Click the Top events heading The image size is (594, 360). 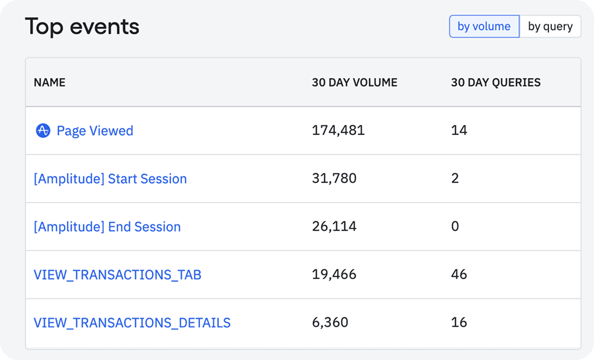82,27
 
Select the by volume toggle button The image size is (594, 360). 484,27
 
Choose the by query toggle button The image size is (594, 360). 550,27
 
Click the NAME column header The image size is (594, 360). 50,83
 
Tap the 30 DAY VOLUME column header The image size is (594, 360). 354,83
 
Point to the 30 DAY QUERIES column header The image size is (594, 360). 495,83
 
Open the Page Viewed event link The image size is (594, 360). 95,131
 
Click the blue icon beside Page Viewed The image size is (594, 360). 43,131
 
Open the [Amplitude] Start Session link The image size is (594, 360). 110,179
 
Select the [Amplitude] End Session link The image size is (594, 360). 107,227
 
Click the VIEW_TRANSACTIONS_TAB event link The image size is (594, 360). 117,275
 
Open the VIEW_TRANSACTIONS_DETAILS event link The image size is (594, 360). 132,323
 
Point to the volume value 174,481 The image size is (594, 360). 338,131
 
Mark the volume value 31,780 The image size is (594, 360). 334,179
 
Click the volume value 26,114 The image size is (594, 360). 334,227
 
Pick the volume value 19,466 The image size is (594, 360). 334,275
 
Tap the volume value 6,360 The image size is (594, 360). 330,323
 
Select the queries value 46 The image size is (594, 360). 459,275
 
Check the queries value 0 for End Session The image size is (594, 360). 455,227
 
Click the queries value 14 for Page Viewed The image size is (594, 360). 459,131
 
